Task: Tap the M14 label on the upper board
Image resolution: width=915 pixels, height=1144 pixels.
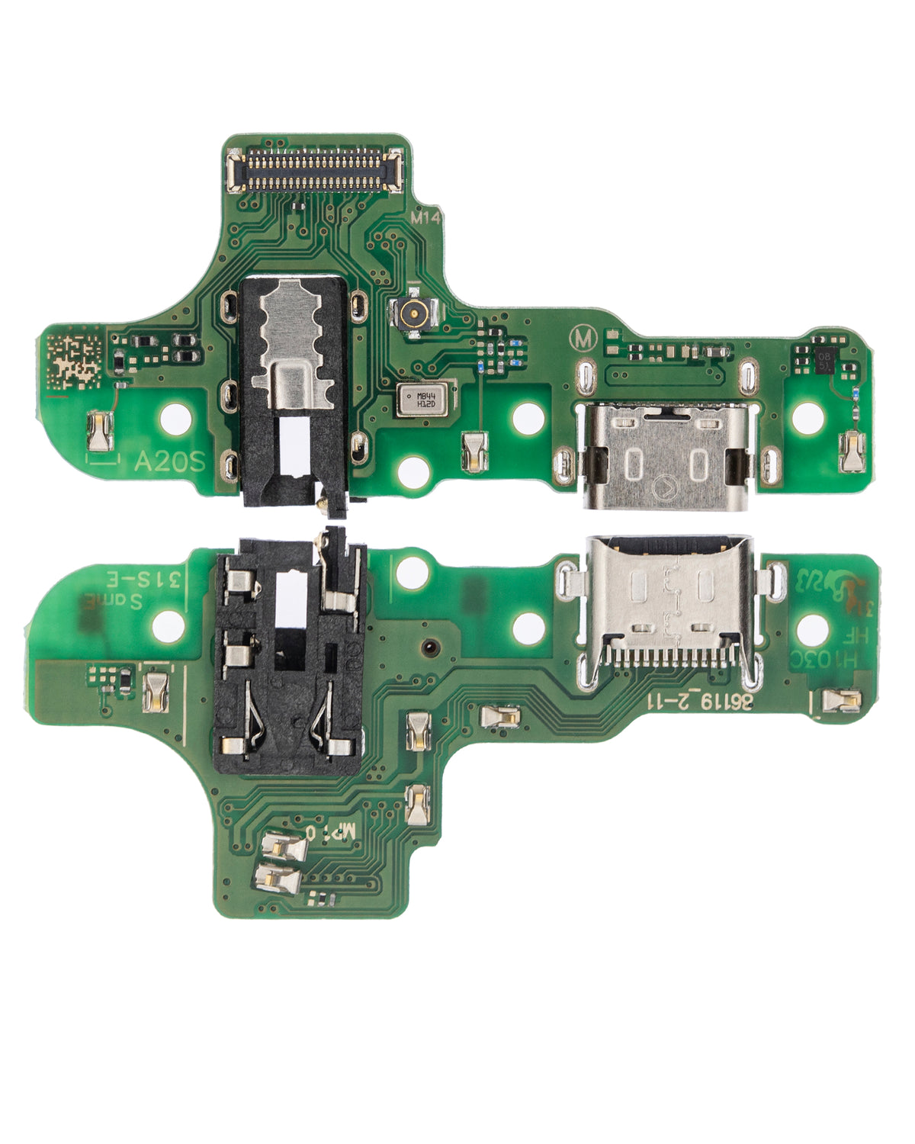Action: (425, 217)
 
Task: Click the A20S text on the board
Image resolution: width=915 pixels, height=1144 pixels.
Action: (169, 461)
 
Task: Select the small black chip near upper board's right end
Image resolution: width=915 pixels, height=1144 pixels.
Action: (825, 359)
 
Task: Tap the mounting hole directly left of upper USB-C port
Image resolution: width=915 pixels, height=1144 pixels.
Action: (527, 417)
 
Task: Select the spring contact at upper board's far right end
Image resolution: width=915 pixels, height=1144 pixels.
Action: (850, 451)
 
